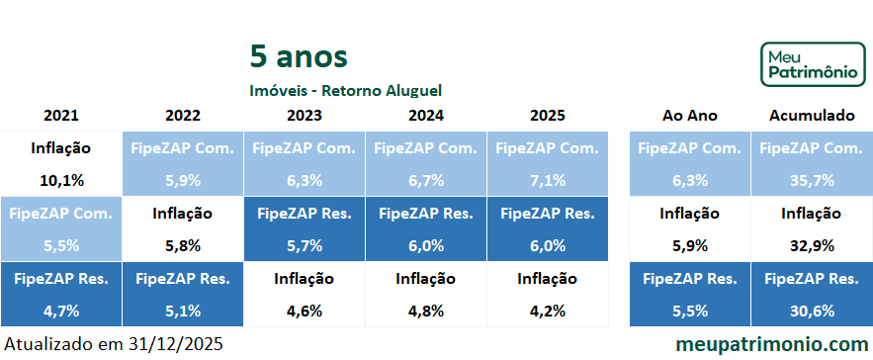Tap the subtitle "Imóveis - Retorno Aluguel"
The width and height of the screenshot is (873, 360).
click(345, 90)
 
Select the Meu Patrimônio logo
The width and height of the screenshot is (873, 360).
click(811, 64)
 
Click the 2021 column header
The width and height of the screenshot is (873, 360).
click(60, 116)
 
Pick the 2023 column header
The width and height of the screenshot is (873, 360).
click(304, 116)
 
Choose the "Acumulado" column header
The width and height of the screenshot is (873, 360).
click(811, 116)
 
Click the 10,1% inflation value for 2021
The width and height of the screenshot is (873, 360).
click(60, 180)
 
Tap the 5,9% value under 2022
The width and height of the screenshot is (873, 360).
click(182, 180)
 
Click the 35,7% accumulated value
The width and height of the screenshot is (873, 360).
click(811, 180)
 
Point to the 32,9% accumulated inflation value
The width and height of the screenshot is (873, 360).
click(811, 245)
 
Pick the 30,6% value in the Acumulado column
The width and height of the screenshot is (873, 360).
click(811, 311)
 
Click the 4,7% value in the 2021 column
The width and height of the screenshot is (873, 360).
click(60, 311)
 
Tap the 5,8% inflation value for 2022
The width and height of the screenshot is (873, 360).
click(182, 245)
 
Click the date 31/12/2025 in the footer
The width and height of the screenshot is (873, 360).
click(176, 344)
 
